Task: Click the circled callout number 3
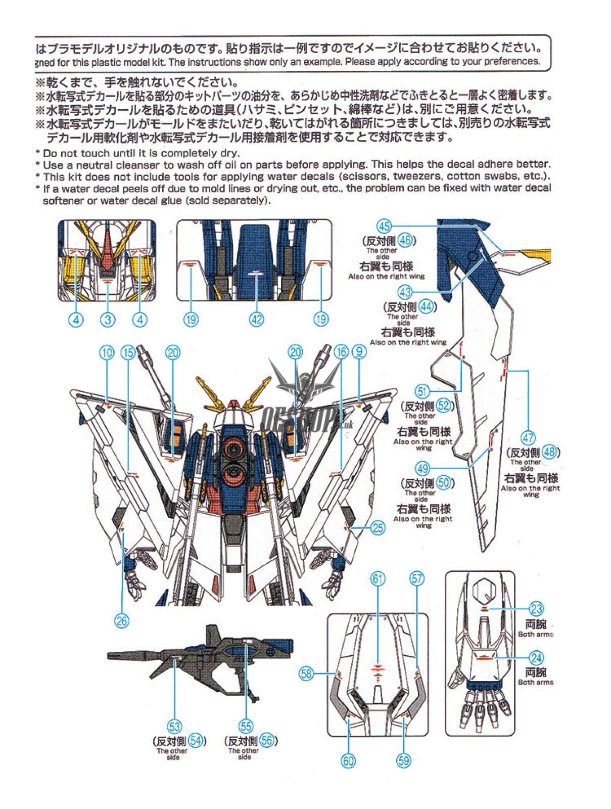click(108, 320)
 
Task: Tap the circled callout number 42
click(257, 320)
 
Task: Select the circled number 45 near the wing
click(385, 226)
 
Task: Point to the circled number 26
click(122, 620)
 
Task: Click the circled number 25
click(378, 528)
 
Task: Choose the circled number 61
click(378, 578)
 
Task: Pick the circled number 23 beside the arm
click(536, 609)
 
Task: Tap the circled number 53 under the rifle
click(174, 727)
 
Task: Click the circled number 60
click(349, 760)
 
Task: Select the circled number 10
click(107, 352)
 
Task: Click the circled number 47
click(528, 438)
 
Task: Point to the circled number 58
click(306, 673)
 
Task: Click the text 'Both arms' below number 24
click(535, 682)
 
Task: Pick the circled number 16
click(341, 352)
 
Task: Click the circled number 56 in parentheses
click(266, 741)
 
